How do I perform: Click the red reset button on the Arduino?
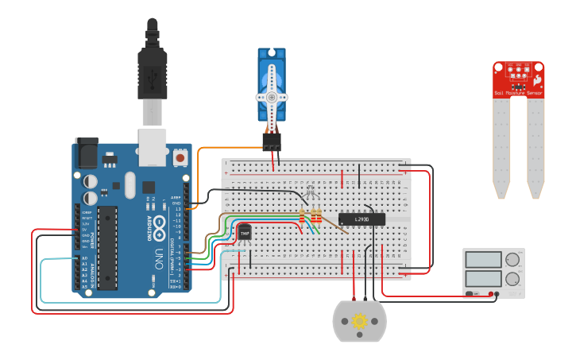pyautogui.click(x=180, y=158)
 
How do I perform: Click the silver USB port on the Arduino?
pyautogui.click(x=153, y=148)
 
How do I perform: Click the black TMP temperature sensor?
pyautogui.click(x=245, y=232)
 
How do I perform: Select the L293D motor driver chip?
pyautogui.click(x=361, y=219)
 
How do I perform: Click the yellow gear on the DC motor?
pyautogui.click(x=359, y=322)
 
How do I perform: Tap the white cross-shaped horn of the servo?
pyautogui.click(x=272, y=96)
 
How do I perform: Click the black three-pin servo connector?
pyautogui.click(x=272, y=141)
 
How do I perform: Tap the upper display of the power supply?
pyautogui.click(x=483, y=260)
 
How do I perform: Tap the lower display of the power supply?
pyautogui.click(x=483, y=278)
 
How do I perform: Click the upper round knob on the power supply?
pyautogui.click(x=512, y=260)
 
